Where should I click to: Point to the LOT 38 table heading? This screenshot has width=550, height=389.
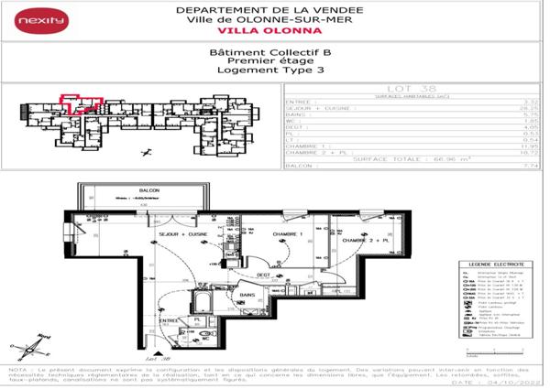pyautogui.click(x=410, y=89)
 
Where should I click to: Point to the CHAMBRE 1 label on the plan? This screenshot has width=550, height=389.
pyautogui.click(x=287, y=235)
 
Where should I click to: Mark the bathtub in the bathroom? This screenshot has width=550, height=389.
pyautogui.click(x=203, y=303)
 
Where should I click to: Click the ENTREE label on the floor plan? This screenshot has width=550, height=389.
pyautogui.click(x=169, y=321)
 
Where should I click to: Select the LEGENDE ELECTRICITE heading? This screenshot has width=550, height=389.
pyautogui.click(x=493, y=264)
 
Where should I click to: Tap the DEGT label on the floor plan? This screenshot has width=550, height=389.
pyautogui.click(x=262, y=275)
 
